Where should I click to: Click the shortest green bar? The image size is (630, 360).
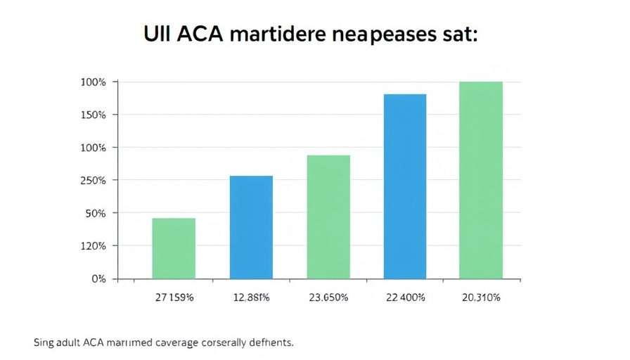click(174, 248)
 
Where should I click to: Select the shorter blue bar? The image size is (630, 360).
click(251, 227)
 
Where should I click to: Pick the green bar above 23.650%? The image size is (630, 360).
click(328, 217)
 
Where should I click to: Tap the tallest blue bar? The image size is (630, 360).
click(404, 186)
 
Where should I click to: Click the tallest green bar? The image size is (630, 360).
click(481, 180)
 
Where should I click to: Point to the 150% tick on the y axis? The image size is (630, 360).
click(94, 115)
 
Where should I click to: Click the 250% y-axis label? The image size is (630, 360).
click(94, 181)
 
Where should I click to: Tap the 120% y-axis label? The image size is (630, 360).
click(94, 246)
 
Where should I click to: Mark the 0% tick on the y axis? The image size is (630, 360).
click(98, 278)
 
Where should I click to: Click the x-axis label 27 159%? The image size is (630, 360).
click(174, 298)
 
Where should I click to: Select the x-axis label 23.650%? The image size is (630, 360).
click(328, 298)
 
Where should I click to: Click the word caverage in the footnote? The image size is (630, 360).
click(178, 343)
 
